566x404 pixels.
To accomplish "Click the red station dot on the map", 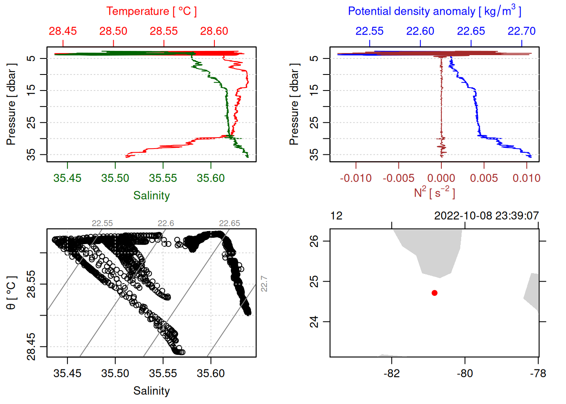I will pos(434,293).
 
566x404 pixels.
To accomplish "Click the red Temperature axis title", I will pos(151,11).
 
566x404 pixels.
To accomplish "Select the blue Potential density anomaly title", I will pos(434,11).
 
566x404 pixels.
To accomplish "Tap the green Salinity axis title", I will pos(151,196).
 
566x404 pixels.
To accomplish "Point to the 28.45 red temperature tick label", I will pos(63,31).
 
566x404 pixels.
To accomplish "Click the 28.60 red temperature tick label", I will pos(214,31).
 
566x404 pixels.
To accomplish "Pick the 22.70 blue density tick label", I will pos(521,31).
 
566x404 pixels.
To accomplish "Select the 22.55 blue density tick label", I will pos(369,31).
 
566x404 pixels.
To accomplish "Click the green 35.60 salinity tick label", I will pos(211,178).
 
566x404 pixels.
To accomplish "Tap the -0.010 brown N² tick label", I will pos(356,178).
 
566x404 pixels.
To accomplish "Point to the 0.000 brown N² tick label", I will pos(441,178).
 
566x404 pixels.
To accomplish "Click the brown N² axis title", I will pos(434,193).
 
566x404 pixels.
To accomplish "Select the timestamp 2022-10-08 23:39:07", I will pos(486,216).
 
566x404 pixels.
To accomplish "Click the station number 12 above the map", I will pos(336,216).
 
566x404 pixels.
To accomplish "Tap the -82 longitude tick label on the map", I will pos(392,373).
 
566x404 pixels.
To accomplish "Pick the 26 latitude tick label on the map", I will pos(314,241).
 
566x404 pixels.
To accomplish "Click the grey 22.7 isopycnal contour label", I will pos(264,284).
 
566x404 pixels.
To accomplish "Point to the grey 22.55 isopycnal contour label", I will pos(102,223).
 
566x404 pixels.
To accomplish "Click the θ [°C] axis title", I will pos(11,293).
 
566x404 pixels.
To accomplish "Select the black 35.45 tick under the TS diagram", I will pos(67,373).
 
